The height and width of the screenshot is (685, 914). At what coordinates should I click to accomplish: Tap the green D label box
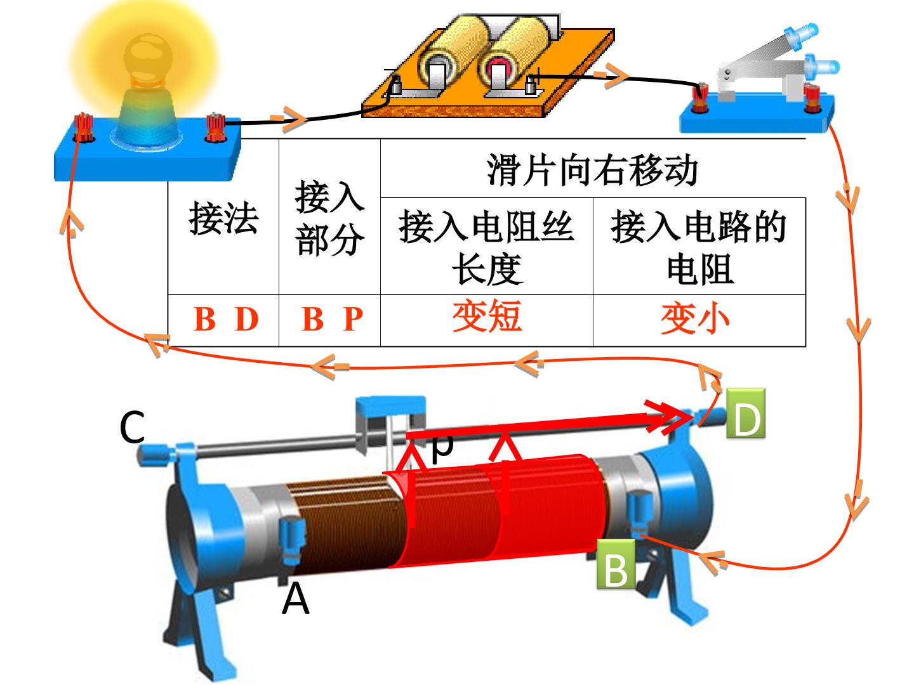(x=745, y=412)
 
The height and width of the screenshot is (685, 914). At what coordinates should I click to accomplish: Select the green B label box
(x=616, y=564)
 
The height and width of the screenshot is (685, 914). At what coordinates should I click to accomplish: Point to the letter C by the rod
(x=132, y=427)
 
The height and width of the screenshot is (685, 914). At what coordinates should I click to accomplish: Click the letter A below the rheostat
(x=295, y=598)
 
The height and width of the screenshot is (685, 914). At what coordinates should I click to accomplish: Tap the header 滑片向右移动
(x=593, y=170)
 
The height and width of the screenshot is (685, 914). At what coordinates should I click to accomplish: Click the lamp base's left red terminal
(x=84, y=127)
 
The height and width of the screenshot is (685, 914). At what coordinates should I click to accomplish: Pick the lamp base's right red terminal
(x=216, y=127)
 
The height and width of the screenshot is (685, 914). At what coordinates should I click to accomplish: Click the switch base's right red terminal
(x=811, y=98)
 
